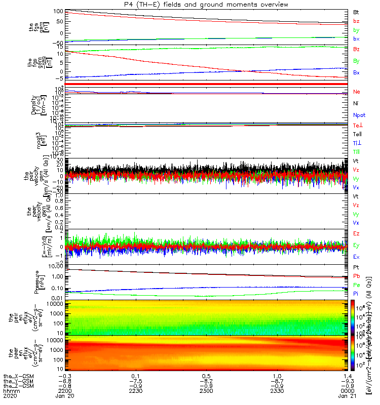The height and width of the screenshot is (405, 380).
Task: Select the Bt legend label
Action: pos(356,11)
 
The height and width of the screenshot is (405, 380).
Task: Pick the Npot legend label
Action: pos(359,115)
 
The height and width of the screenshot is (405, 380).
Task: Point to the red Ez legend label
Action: pos(356,233)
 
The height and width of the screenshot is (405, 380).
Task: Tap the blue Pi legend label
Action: pos(356,294)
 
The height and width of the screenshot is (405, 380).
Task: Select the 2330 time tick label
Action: pos(277,391)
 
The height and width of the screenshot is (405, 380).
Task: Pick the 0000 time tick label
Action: pos(347,391)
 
